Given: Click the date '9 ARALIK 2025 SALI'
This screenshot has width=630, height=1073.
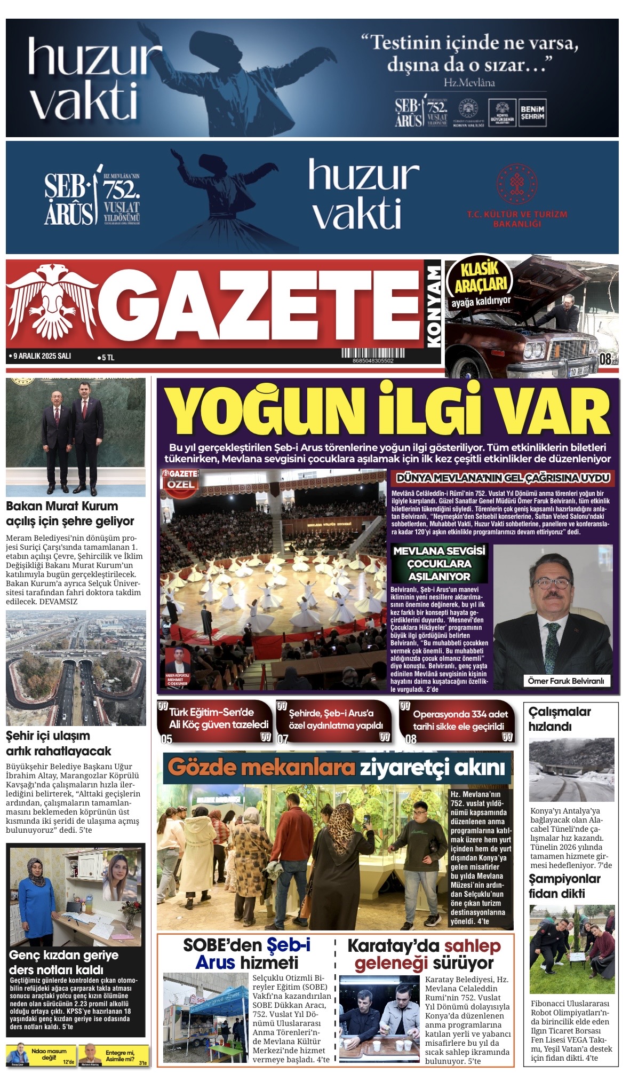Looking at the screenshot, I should [41, 356].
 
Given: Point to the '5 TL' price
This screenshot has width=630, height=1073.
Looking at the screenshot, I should [106, 358].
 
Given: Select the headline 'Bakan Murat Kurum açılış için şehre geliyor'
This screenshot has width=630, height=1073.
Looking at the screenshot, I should [70, 514].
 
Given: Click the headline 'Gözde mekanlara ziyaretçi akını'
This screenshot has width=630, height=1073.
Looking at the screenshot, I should [337, 768].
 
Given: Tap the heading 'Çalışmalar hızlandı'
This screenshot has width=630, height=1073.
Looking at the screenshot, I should [560, 719].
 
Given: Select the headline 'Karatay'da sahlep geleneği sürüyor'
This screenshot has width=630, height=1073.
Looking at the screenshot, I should [424, 954].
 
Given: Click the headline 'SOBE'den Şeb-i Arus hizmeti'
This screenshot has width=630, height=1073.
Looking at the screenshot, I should [247, 954].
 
